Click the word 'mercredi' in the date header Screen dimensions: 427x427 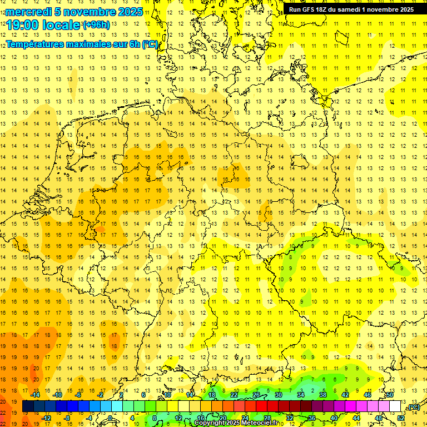(27, 11)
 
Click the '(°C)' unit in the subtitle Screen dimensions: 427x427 (150, 44)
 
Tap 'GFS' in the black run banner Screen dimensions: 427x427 (310, 9)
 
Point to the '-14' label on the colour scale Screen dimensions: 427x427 (35, 395)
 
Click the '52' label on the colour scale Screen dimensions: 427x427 (401, 418)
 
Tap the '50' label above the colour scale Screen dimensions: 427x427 (390, 395)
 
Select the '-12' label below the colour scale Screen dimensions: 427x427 (46, 418)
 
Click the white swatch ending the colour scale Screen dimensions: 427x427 (395, 406)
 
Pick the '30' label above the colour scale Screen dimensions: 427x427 (278, 395)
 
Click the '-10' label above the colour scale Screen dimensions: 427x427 (57, 395)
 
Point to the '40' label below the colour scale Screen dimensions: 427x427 (334, 418)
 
